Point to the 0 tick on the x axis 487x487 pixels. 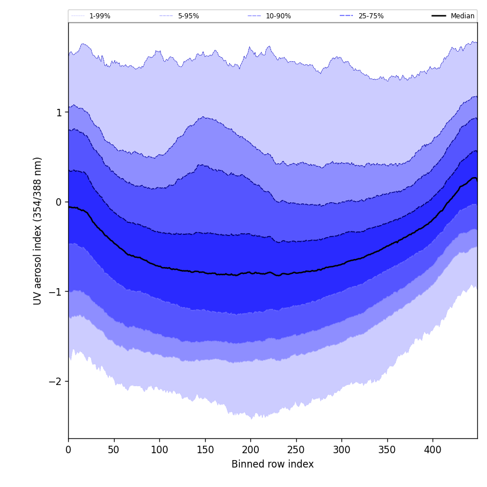click(68, 450)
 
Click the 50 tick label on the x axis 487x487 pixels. click(114, 450)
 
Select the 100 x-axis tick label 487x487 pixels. click(159, 450)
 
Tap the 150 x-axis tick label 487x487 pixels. click(205, 450)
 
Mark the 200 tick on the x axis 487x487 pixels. click(250, 450)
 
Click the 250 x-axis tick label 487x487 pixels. click(296, 450)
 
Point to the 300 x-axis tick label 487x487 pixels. click(341, 450)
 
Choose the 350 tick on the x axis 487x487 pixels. click(387, 450)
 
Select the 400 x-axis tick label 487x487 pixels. click(433, 450)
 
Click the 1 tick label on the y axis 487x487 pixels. click(58, 113)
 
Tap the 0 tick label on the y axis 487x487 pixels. click(58, 202)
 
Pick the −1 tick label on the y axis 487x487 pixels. click(56, 292)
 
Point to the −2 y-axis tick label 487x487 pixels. click(56, 382)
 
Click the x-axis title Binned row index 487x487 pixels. click(273, 465)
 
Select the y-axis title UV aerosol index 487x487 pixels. click(38, 231)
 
